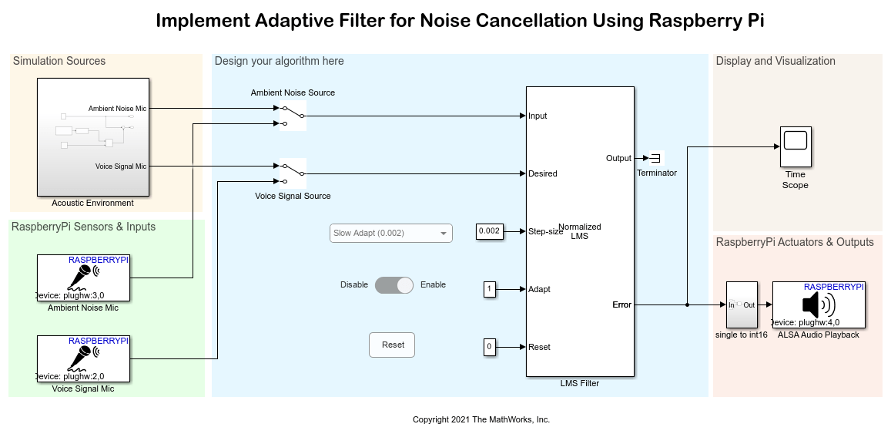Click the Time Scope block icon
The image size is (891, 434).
pos(795,146)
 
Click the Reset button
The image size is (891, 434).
pos(392,345)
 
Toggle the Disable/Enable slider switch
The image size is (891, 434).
pos(394,285)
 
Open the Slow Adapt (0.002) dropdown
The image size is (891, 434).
pos(391,233)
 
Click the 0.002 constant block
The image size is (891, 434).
pos(490,231)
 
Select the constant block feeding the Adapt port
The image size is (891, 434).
pos(489,289)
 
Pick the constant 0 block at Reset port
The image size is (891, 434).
pos(489,347)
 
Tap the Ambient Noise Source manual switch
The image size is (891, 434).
pos(293,116)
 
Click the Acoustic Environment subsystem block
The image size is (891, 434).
pos(93,137)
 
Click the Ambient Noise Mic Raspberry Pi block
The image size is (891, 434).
pos(83,278)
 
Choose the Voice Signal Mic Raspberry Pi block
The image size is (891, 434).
pos(83,358)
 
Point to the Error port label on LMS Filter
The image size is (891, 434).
pos(621,304)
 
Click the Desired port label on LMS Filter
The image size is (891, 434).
pos(543,173)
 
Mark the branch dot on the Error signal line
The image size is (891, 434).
pos(687,304)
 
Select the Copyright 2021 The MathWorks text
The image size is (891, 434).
pos(481,420)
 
